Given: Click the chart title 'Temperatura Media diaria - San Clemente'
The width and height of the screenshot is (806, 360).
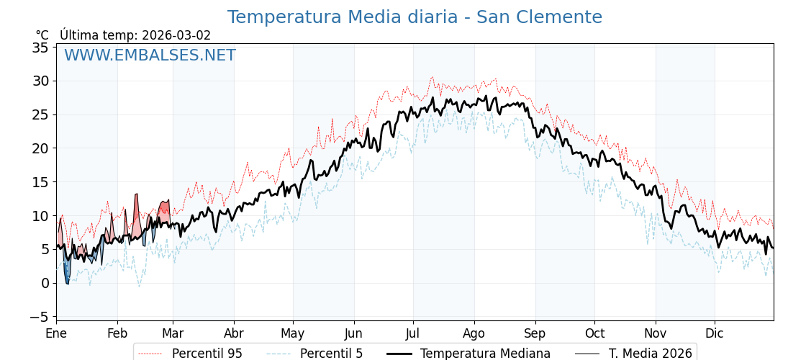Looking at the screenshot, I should (x=415, y=17).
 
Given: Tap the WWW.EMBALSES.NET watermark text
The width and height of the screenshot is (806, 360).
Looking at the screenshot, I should (x=150, y=55).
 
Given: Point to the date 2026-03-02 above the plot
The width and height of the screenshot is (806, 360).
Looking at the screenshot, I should (x=176, y=35).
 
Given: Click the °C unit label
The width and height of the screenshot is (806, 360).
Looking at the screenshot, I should (x=42, y=35).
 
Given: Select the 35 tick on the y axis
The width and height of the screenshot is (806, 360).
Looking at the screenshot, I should (x=40, y=48).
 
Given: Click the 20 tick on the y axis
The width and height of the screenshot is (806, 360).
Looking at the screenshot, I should (x=40, y=148).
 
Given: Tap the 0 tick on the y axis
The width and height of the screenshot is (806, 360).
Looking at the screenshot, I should (x=45, y=283).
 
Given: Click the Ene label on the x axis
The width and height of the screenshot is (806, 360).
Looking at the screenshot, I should (x=56, y=333).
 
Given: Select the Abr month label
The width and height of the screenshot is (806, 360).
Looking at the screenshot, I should (x=234, y=333).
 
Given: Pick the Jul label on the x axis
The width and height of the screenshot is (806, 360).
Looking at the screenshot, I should (x=413, y=333).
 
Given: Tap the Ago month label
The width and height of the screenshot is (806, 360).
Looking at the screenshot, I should (x=474, y=333).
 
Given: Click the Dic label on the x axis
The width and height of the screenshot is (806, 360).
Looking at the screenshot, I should (x=715, y=333).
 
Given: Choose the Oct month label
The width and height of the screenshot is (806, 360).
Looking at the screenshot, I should (x=594, y=333).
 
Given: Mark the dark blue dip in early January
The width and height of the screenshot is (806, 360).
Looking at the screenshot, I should (x=66, y=272).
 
